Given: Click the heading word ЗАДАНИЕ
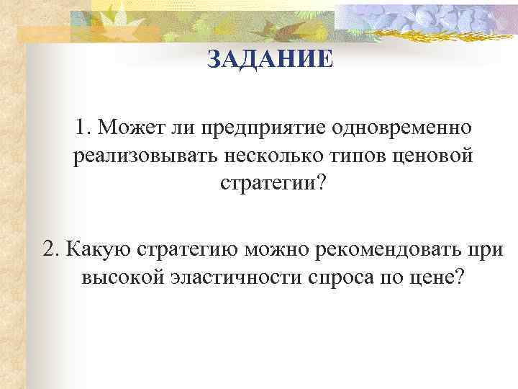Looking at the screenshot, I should click(270, 59).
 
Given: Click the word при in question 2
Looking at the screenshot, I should click(487, 249).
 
